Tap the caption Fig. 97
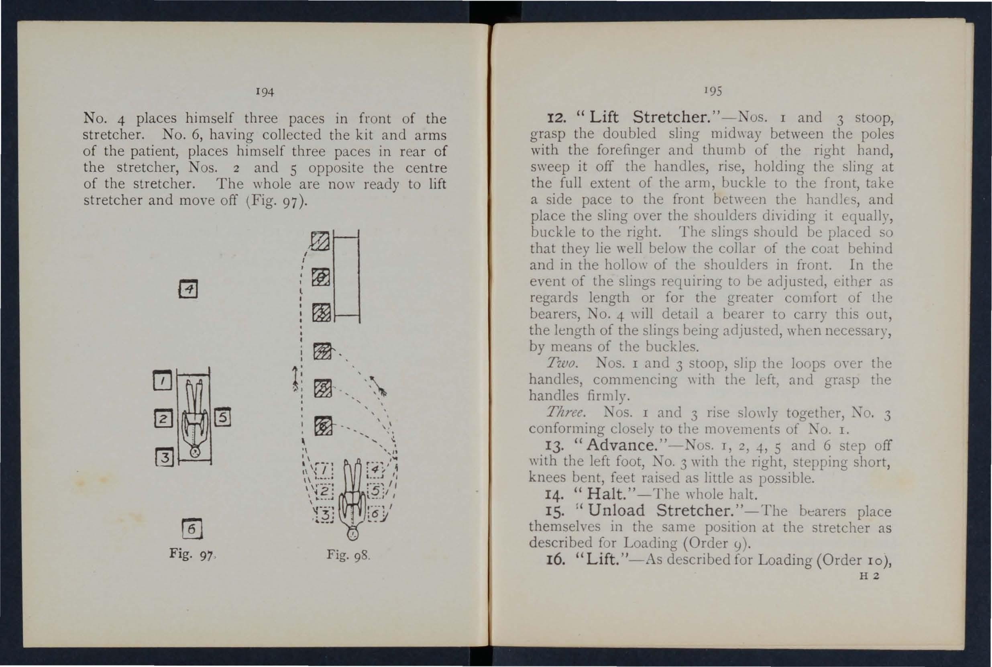pyautogui.click(x=190, y=555)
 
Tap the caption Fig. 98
pyautogui.click(x=349, y=555)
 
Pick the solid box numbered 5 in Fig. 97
pyautogui.click(x=222, y=418)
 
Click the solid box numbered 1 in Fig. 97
pyautogui.click(x=161, y=381)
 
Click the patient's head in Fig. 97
pyautogui.click(x=195, y=452)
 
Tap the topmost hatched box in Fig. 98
pyautogui.click(x=320, y=241)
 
